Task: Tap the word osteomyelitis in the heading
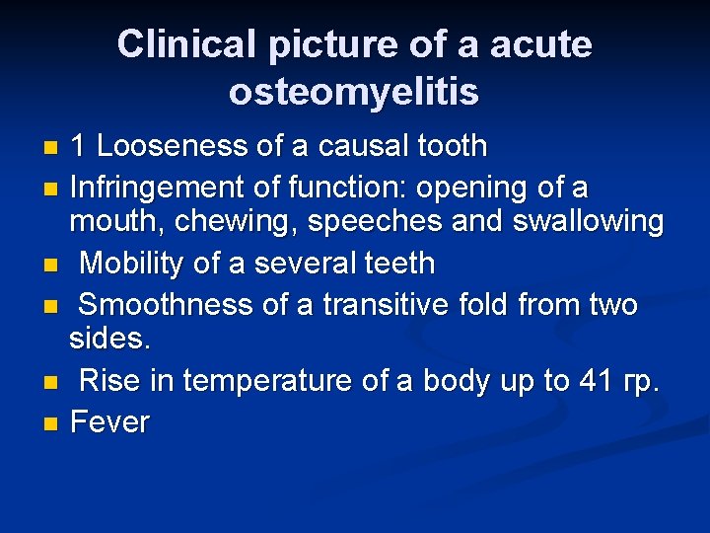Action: pyautogui.click(x=354, y=92)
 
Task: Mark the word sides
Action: pyautogui.click(x=109, y=341)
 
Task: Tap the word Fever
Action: pyautogui.click(x=109, y=422)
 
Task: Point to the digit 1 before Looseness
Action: pyautogui.click(x=78, y=147)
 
